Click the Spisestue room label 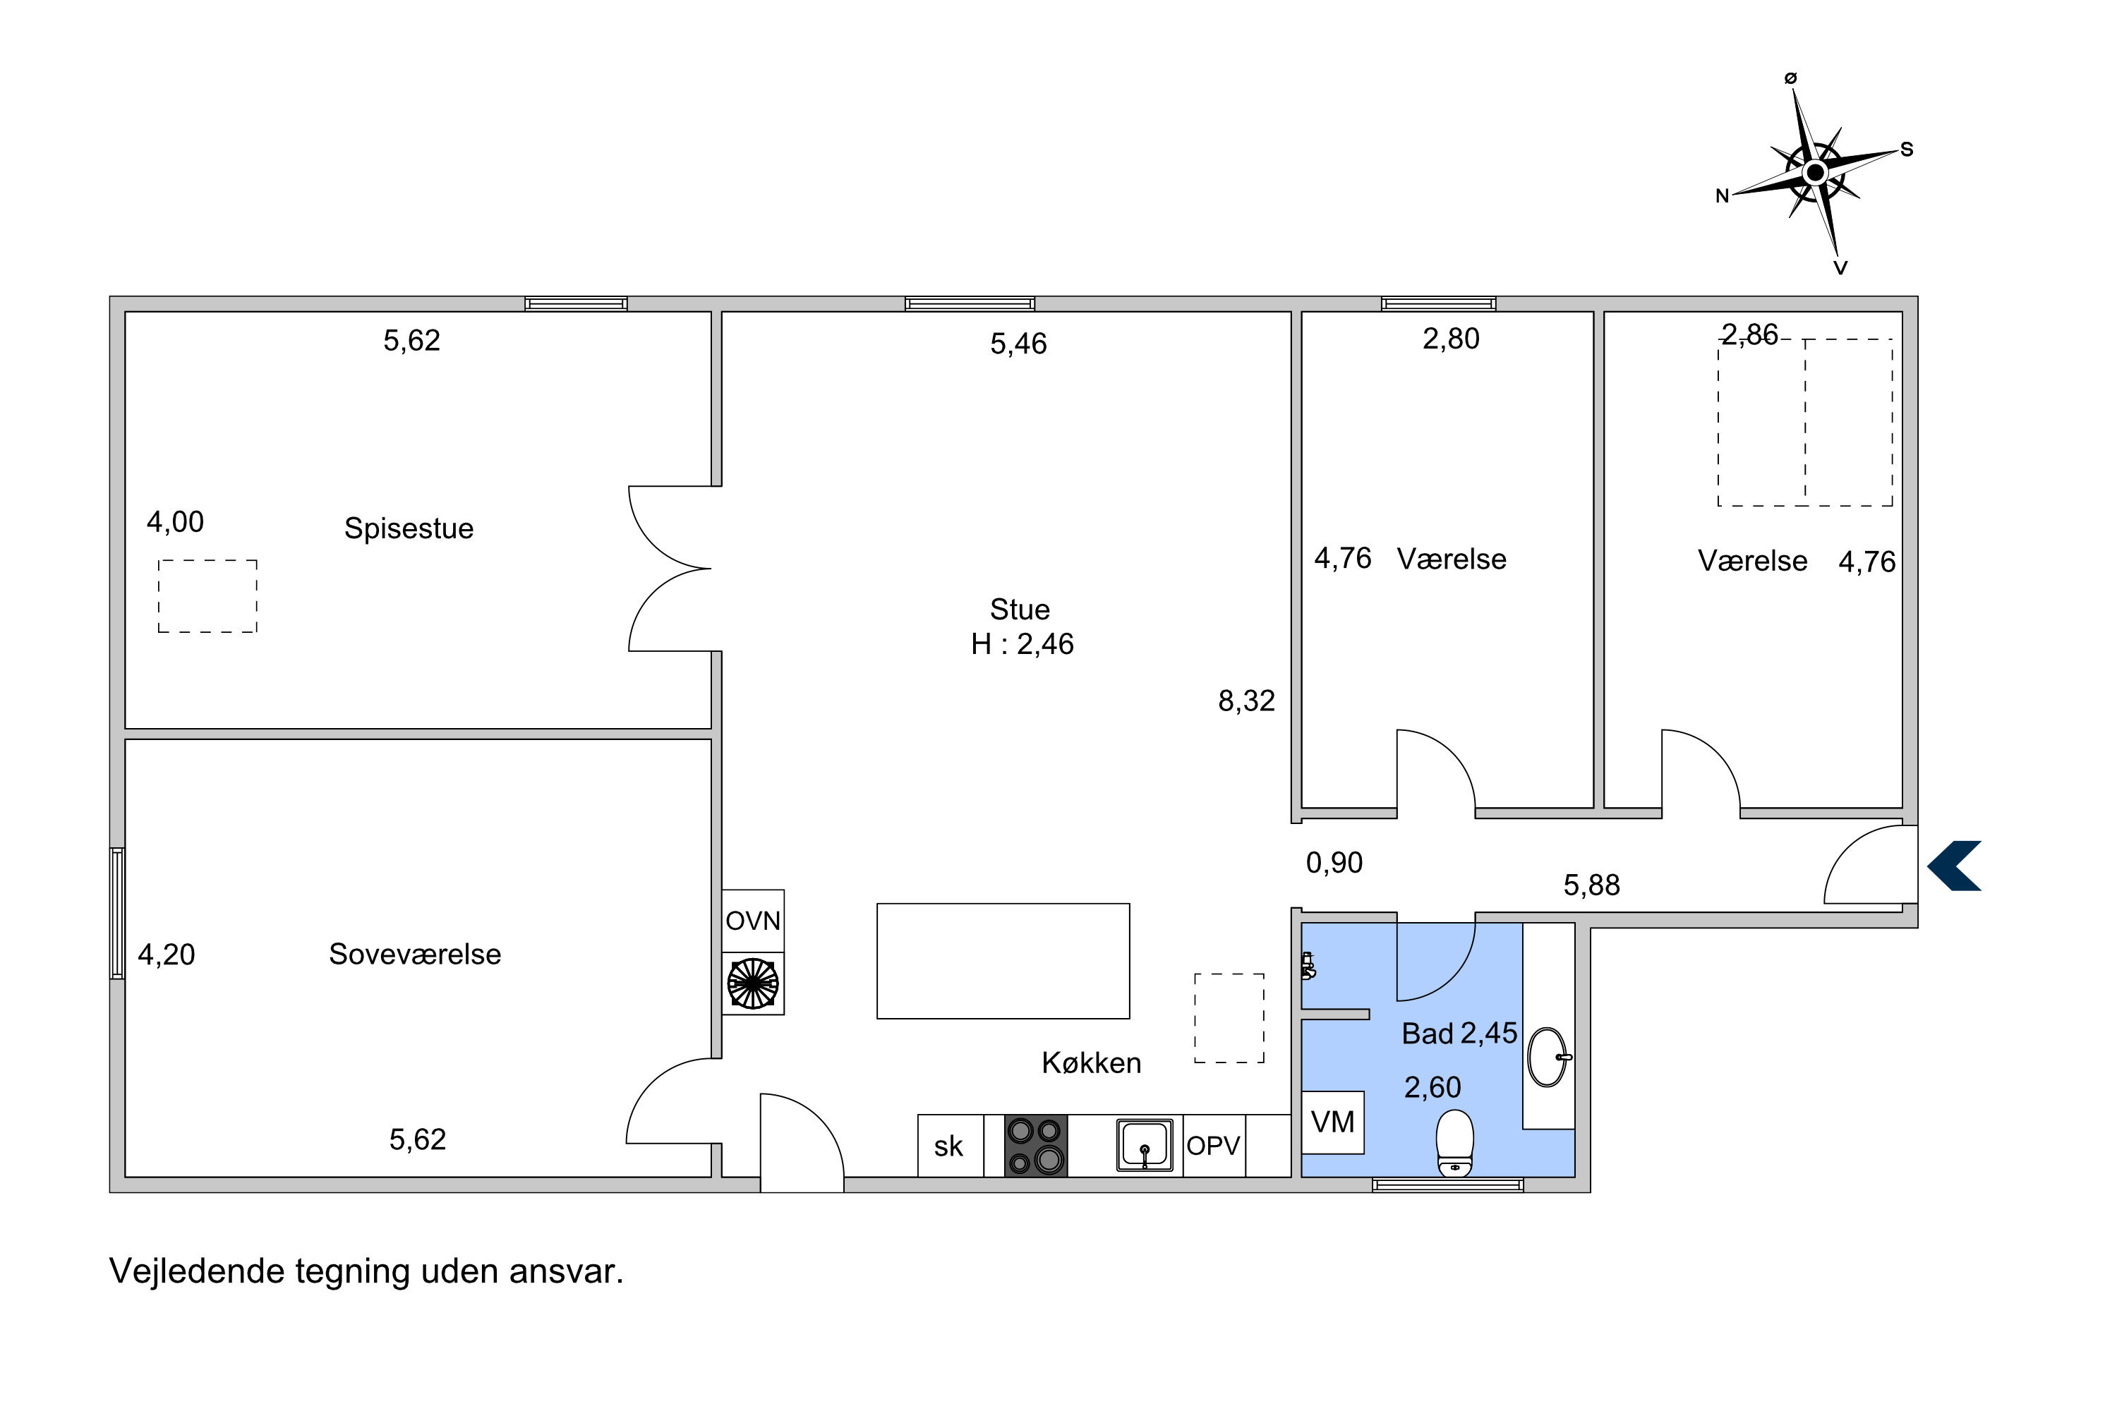pyautogui.click(x=409, y=528)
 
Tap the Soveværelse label pyautogui.click(x=415, y=954)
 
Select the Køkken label pyautogui.click(x=1091, y=1062)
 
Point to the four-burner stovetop pyautogui.click(x=1035, y=1146)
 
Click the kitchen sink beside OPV pyautogui.click(x=1144, y=1144)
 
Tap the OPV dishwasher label pyautogui.click(x=1213, y=1146)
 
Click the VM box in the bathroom pyautogui.click(x=1333, y=1122)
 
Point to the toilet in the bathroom pyautogui.click(x=1454, y=1144)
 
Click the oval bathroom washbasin pyautogui.click(x=1548, y=1058)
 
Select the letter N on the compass pyautogui.click(x=1722, y=196)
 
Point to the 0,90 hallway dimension pyautogui.click(x=1334, y=863)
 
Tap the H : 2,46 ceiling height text pyautogui.click(x=1023, y=644)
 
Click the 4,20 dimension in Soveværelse pyautogui.click(x=167, y=955)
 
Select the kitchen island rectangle pyautogui.click(x=1003, y=961)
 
